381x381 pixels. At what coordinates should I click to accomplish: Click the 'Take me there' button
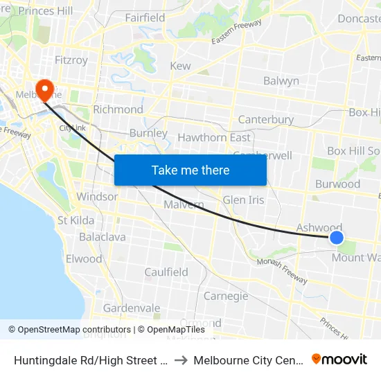190,170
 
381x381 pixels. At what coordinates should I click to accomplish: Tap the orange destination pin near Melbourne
45,89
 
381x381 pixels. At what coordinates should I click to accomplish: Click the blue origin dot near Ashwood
336,238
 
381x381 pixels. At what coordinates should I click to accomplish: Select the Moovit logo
339,360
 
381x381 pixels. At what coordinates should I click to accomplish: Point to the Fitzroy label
71,60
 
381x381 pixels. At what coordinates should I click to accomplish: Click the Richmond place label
118,109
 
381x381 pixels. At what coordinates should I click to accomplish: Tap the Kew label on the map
180,66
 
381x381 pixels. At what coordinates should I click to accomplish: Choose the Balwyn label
281,81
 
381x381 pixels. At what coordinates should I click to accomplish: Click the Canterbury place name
266,120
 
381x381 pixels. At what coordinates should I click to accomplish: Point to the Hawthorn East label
214,137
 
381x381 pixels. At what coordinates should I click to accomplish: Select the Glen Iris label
244,200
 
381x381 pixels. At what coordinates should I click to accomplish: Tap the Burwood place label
337,184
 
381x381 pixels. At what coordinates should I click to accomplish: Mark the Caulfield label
166,272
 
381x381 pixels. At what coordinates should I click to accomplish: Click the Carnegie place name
226,296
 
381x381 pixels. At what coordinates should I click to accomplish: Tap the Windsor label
97,197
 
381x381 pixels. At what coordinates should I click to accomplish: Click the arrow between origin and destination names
178,360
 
